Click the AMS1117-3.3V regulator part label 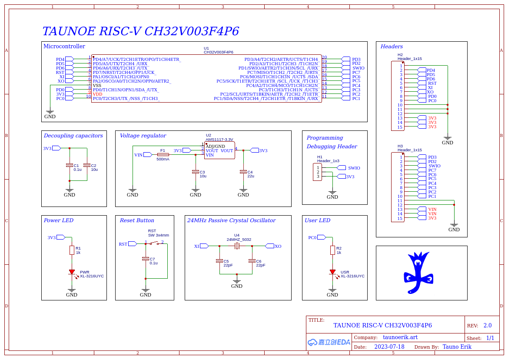[219, 140]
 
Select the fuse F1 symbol [163, 155]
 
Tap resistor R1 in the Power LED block [72, 250]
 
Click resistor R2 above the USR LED [332, 250]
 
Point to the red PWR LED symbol [72, 272]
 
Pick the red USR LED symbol [332, 272]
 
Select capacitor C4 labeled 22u [243, 172]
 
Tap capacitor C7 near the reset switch [146, 259]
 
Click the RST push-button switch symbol [154, 243]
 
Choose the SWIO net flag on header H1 [341, 168]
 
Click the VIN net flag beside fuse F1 [147, 155]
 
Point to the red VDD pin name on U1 [97, 94]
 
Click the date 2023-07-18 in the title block [389, 347]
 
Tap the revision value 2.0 [487, 326]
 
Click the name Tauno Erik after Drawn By [457, 347]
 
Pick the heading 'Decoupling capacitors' [73, 136]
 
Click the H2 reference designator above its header [400, 55]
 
